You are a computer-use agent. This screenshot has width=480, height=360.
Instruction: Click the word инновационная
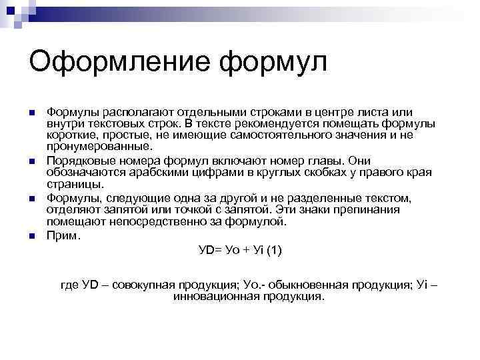point(212,297)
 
